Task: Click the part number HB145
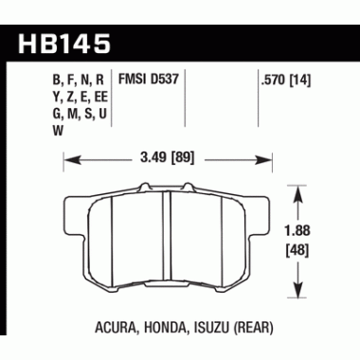click(63, 43)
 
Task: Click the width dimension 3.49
click(154, 160)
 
